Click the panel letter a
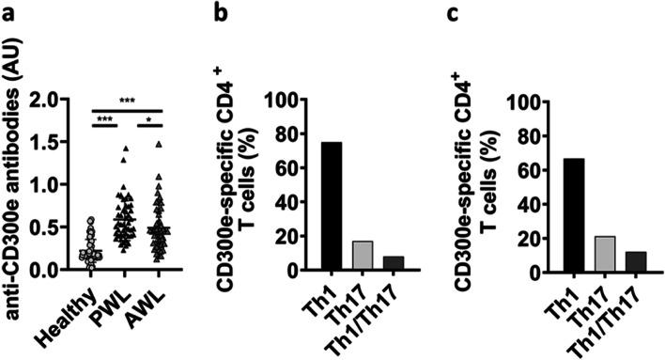[10, 12]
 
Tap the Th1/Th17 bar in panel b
[368, 263]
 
